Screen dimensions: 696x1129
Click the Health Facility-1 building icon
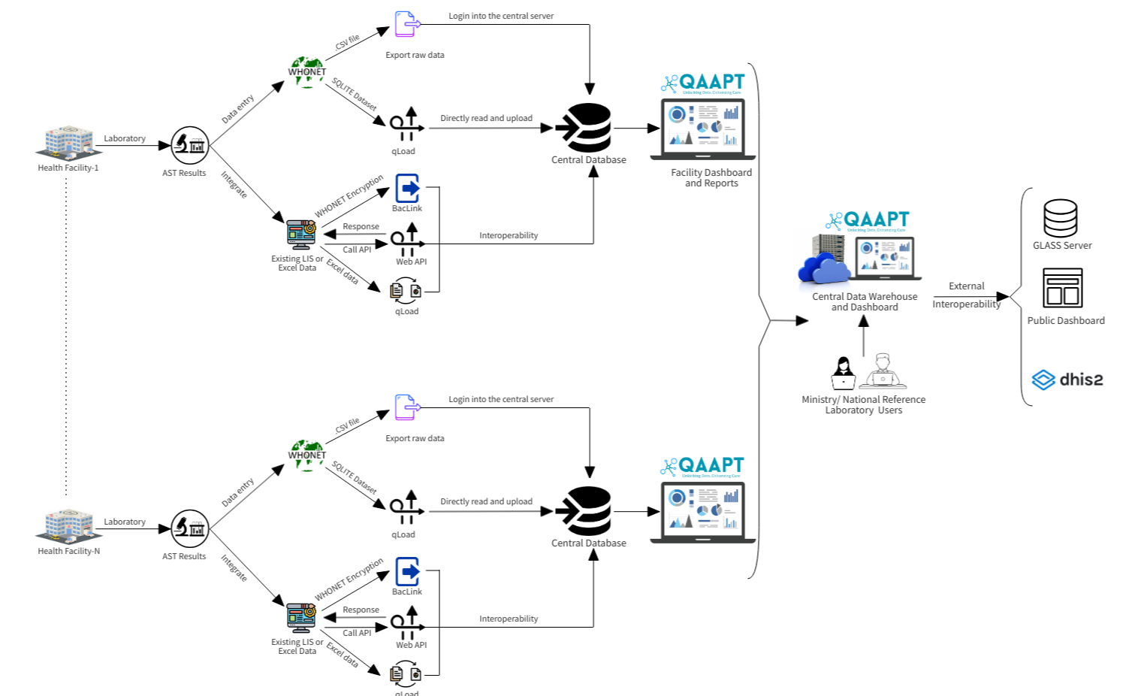68,142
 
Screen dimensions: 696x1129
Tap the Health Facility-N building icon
68,525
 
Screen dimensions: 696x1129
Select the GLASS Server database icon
1060,218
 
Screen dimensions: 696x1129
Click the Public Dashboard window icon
1062,288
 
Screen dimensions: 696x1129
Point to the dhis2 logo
1067,380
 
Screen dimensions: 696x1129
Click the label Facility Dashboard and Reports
711,178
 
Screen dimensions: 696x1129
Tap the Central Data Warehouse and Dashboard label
865,302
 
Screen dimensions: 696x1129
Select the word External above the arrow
966,286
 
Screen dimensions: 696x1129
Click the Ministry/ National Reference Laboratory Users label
863,405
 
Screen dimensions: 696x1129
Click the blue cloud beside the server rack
823,268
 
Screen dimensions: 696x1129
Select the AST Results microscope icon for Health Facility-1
189,145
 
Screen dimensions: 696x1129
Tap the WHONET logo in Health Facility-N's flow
306,455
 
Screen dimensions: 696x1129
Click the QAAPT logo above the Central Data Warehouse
868,220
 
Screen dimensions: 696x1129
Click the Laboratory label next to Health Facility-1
125,138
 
